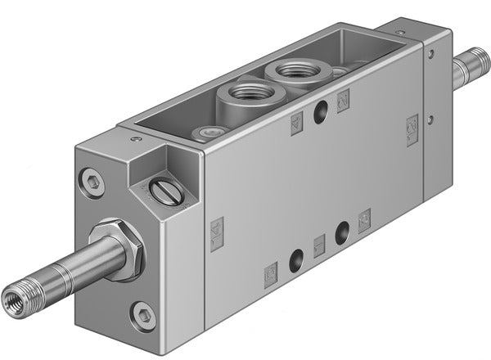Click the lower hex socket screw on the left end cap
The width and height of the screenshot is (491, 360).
click(x=144, y=313)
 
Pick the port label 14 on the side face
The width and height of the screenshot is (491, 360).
click(x=217, y=234)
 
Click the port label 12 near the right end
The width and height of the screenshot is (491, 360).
click(x=412, y=126)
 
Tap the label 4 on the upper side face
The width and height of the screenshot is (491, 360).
click(x=296, y=123)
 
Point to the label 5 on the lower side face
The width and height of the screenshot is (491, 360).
click(x=271, y=275)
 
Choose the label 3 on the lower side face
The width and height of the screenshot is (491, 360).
click(x=363, y=218)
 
